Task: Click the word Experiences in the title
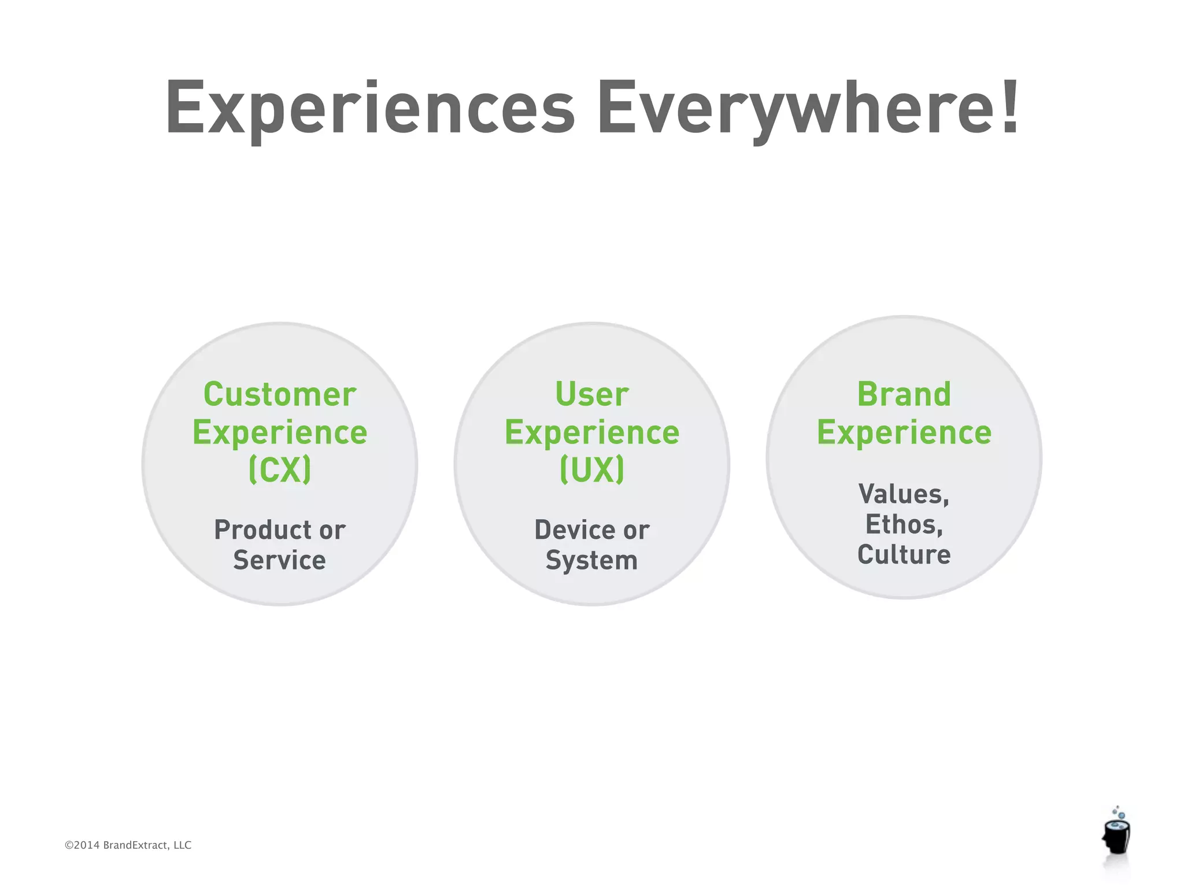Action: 370,109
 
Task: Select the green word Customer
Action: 280,395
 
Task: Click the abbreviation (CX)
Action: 280,469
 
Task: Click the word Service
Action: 280,560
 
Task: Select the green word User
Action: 592,395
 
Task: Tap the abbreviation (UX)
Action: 592,469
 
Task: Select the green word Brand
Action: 904,395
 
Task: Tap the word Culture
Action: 904,554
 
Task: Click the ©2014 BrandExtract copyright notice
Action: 128,845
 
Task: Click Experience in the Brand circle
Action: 904,433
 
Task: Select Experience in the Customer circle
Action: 280,433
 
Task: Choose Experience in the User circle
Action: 592,433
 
